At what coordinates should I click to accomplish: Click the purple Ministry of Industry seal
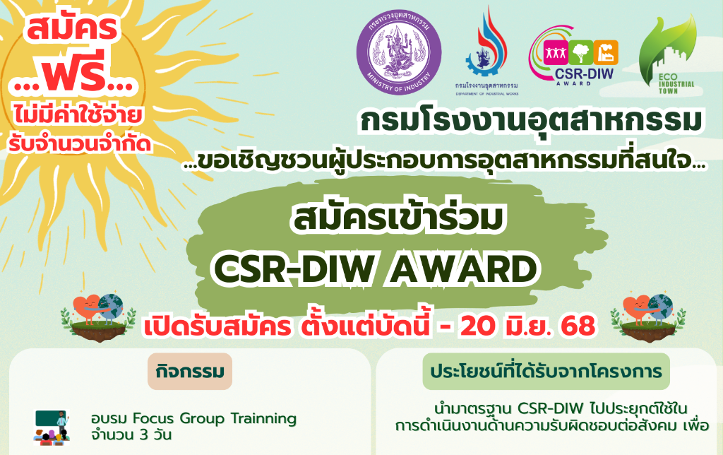tap(399, 52)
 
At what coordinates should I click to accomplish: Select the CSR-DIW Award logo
tap(573, 55)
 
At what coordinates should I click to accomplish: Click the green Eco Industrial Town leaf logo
tap(667, 54)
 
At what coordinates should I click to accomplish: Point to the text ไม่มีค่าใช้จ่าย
tap(78, 115)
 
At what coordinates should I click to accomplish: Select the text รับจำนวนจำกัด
tap(80, 143)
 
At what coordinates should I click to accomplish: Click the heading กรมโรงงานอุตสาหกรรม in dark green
tap(531, 121)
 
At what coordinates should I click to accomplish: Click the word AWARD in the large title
tap(463, 269)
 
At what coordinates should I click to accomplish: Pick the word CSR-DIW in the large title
tap(295, 269)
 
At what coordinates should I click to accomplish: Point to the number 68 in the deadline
tap(578, 326)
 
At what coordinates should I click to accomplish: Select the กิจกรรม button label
tap(190, 372)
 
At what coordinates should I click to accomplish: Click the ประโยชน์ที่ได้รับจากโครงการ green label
tap(546, 372)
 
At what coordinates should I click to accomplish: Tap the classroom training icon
tap(52, 427)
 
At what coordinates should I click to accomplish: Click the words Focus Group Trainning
tap(215, 418)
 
